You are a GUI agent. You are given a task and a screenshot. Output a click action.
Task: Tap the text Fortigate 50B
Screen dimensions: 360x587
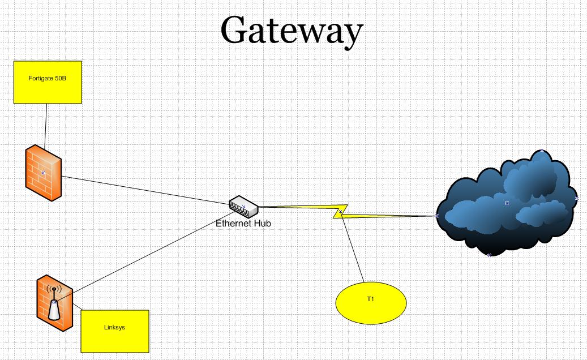(x=48, y=78)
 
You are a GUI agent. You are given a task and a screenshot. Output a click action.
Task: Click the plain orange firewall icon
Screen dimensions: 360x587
(x=43, y=173)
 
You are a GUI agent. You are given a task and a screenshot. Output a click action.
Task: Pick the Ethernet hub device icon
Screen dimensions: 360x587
(x=243, y=206)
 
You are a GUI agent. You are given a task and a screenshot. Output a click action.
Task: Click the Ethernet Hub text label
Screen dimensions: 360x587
(x=243, y=223)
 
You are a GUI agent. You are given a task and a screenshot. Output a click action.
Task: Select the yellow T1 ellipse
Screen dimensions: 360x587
(x=371, y=303)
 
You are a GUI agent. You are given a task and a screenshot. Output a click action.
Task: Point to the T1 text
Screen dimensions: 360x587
(x=371, y=298)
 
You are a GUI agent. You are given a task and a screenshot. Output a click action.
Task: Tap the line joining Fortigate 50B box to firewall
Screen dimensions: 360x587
(x=45, y=125)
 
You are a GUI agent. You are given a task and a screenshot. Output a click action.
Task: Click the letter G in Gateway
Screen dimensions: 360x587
(x=235, y=31)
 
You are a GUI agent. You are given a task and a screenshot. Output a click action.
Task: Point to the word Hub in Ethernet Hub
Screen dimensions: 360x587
(x=262, y=223)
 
